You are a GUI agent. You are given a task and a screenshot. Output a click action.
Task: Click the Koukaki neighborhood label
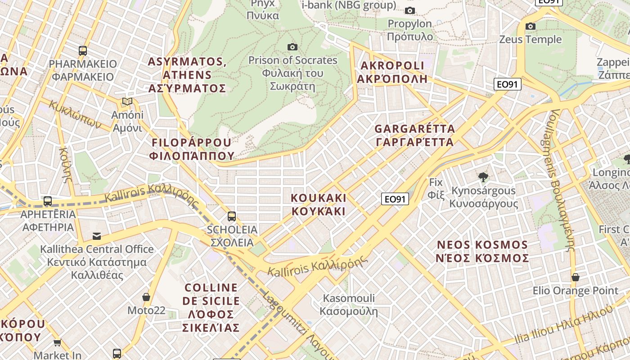point(319,204)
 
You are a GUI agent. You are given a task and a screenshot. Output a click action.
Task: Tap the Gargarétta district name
point(414,135)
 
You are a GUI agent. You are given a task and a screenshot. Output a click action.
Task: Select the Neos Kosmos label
point(482,252)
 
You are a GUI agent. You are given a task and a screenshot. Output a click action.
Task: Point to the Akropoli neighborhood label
point(392,72)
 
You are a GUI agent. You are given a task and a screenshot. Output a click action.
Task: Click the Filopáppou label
point(193,149)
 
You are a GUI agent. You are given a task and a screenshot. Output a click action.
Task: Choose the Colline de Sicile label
point(211,307)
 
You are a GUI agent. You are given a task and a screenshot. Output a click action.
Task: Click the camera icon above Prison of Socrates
point(292,47)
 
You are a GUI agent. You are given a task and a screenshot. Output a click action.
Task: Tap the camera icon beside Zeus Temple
point(531,26)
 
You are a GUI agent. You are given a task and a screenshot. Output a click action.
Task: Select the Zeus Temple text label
point(531,40)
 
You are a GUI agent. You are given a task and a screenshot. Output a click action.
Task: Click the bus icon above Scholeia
point(232,216)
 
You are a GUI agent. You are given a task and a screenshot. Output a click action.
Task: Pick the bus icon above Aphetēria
point(48,201)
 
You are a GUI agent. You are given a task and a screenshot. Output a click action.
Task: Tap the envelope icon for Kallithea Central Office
point(97,236)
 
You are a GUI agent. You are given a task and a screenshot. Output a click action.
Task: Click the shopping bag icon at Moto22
point(146,297)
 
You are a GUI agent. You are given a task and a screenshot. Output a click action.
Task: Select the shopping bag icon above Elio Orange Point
point(575,277)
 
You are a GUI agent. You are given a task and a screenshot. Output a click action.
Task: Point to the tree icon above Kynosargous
point(483,177)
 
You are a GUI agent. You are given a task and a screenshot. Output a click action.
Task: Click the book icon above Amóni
point(127,102)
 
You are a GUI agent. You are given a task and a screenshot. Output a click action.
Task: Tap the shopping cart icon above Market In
point(57,343)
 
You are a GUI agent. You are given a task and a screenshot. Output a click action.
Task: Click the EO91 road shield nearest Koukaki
point(395,199)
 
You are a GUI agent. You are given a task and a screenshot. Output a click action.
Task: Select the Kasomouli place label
point(349,305)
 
